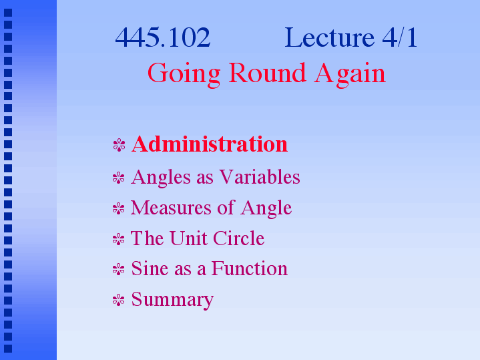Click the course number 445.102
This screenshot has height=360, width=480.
tap(162, 37)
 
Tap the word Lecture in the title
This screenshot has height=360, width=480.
tap(329, 37)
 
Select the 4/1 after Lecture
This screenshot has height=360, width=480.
tap(400, 37)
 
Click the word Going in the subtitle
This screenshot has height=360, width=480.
tap(184, 74)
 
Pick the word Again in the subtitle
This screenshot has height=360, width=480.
tap(350, 74)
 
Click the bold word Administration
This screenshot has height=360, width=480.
tap(210, 144)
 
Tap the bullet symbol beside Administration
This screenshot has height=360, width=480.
tap(119, 145)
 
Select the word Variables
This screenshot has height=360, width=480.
tap(260, 177)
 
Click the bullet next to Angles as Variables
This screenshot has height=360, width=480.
tap(119, 178)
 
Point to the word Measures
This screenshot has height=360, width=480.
tap(171, 208)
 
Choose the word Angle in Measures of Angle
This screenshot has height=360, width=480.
tap(266, 208)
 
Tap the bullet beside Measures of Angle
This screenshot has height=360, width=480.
tap(119, 208)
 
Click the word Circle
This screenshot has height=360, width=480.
tap(239, 238)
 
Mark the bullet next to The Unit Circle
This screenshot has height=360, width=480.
tap(119, 239)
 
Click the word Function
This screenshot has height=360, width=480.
tap(250, 268)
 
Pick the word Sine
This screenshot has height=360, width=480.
tap(150, 268)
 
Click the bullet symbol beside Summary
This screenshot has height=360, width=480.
tap(119, 300)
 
